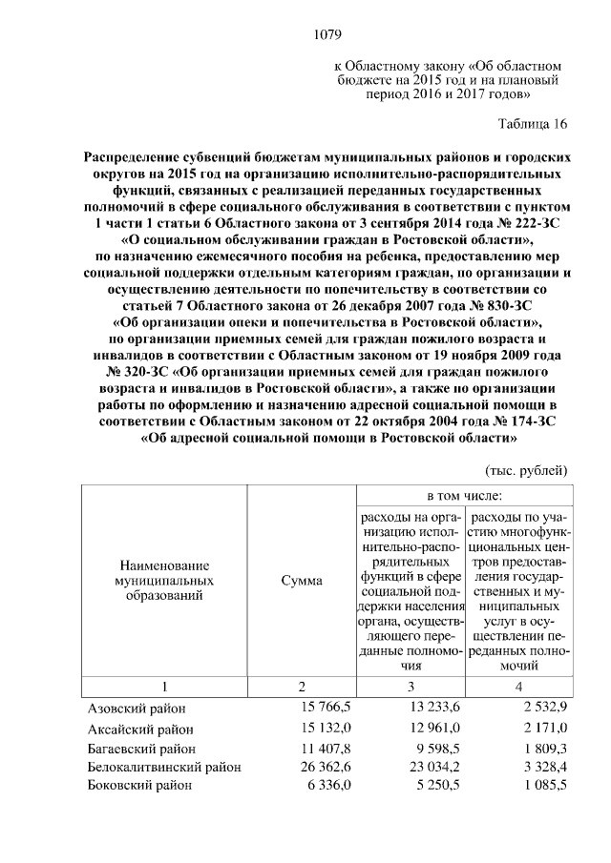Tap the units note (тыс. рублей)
(527, 469)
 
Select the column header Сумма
(302, 581)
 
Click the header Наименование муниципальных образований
(163, 580)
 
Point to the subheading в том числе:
(464, 495)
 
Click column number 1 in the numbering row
(163, 687)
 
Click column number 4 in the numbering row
(518, 687)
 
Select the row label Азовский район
(137, 709)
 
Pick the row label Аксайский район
(138, 728)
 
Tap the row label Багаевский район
(139, 747)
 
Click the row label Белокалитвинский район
(163, 766)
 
